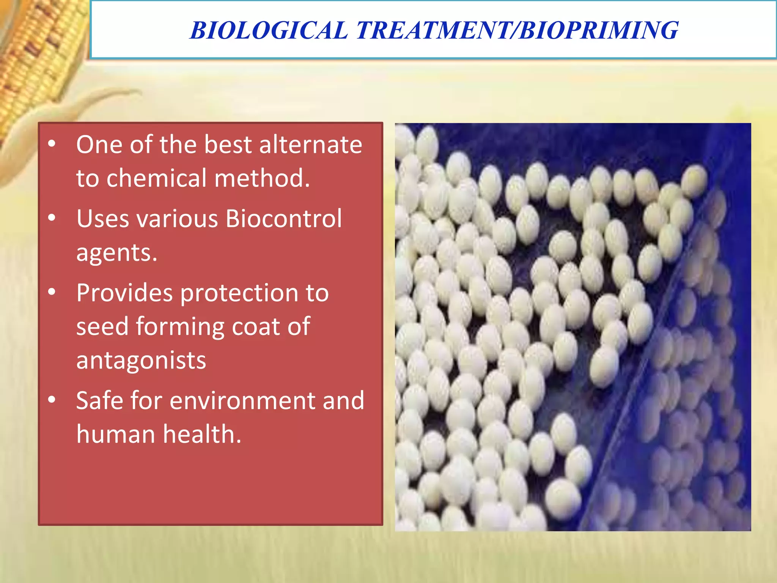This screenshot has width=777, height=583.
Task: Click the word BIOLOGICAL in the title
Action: tap(269, 30)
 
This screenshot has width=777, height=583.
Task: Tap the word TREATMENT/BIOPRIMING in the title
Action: tap(517, 30)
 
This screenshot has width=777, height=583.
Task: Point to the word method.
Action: tap(262, 178)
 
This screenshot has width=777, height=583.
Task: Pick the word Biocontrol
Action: tap(283, 219)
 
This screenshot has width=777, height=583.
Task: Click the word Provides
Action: tap(124, 293)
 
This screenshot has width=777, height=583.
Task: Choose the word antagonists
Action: tap(141, 361)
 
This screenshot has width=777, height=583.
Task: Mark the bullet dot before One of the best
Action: tap(52, 144)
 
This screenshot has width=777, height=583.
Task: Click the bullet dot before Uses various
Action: tap(52, 218)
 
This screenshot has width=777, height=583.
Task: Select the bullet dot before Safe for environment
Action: tap(52, 400)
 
